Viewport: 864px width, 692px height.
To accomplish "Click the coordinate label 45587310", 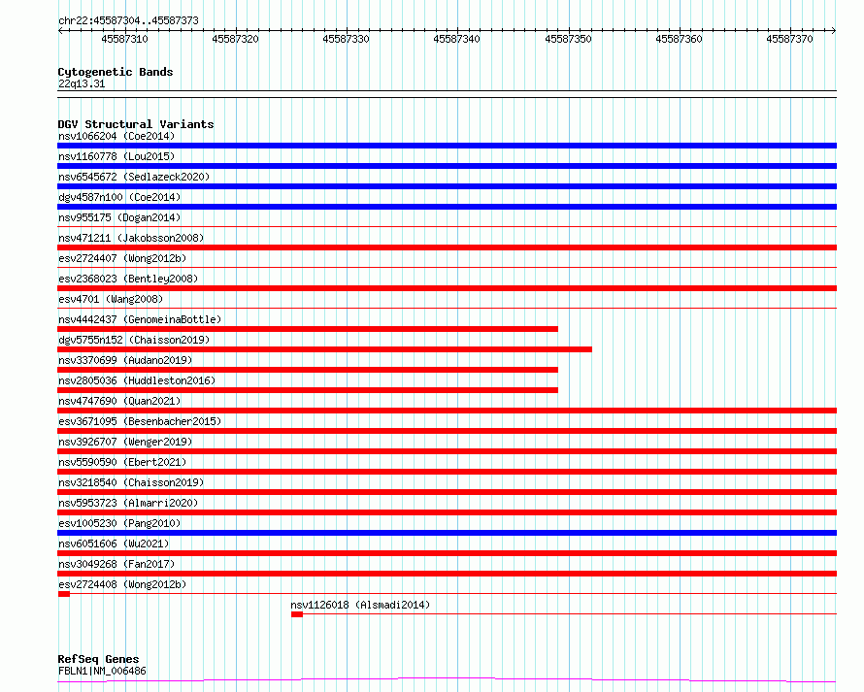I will (124, 40).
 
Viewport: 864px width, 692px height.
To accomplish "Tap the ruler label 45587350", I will (568, 40).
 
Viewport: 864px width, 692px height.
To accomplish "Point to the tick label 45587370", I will (789, 40).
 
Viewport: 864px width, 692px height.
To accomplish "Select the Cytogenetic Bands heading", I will (116, 72).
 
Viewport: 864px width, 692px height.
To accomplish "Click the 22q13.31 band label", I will (82, 83).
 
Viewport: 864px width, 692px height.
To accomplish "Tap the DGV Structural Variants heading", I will (136, 124).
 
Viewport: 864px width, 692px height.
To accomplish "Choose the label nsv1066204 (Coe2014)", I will (116, 136).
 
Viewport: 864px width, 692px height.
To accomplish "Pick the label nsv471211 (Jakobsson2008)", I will (130, 238).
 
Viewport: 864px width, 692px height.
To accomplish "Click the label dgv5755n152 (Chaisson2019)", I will (133, 340).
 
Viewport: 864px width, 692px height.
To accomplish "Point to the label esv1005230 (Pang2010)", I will (118, 523).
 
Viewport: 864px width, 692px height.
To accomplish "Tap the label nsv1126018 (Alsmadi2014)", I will (360, 605).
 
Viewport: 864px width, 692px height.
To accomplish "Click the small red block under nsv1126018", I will (297, 614).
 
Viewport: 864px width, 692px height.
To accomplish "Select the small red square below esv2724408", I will (64, 594).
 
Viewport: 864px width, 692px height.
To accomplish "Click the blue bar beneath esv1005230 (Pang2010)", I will (447, 533).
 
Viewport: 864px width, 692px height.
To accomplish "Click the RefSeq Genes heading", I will (98, 660).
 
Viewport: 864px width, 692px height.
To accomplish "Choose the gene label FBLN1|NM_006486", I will (102, 671).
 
